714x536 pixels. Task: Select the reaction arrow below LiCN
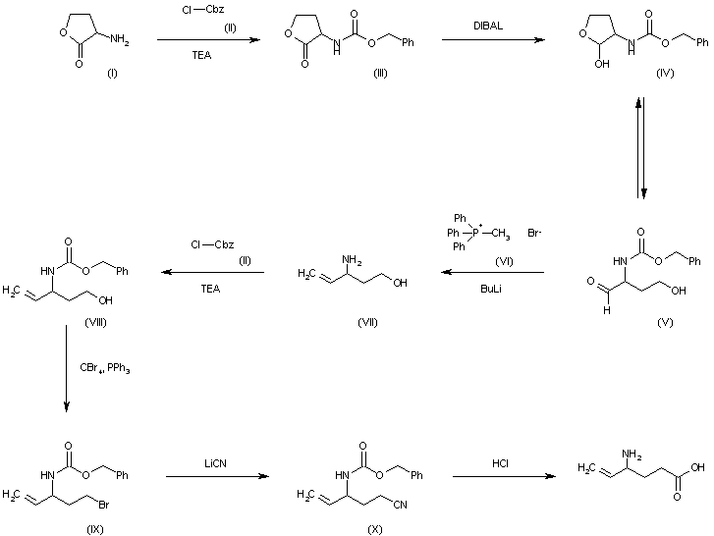(x=217, y=477)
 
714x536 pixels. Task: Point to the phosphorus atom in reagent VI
(x=469, y=234)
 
